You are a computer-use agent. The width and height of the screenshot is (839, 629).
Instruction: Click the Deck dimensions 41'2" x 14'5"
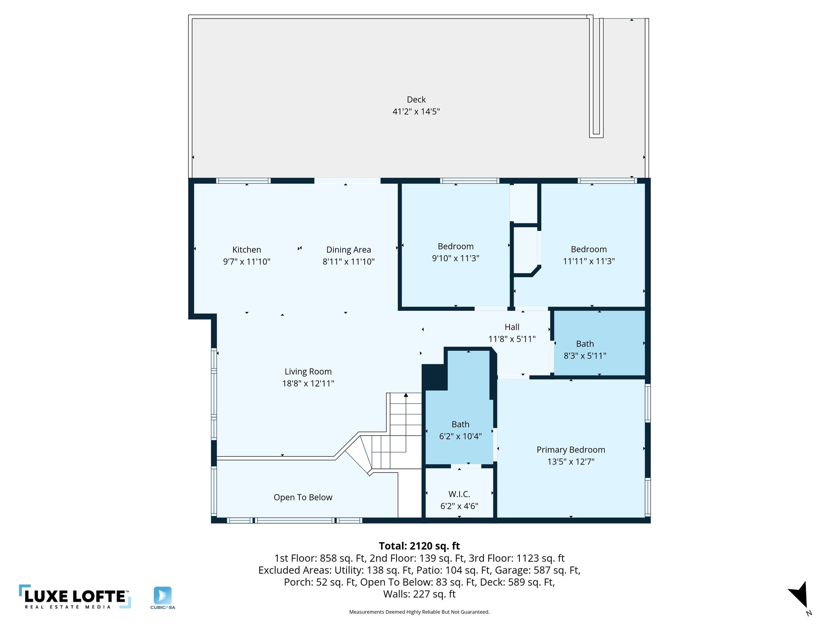coord(416,111)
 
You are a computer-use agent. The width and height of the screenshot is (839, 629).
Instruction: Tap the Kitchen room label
coord(246,250)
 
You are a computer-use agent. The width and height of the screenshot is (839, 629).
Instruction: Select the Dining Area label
coord(348,250)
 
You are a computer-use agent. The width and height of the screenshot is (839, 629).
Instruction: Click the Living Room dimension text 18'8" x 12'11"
coord(308,384)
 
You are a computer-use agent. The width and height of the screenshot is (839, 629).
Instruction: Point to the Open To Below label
coord(303,497)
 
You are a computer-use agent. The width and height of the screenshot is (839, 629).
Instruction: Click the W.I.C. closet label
coord(459,494)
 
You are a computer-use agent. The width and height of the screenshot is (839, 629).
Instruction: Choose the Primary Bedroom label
coord(570,450)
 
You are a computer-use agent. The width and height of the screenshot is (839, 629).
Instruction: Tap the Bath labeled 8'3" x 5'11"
coord(585,344)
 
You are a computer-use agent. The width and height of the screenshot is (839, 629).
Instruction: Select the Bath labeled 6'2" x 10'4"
coord(460,425)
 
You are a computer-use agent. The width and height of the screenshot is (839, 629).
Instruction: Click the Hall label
coord(512,327)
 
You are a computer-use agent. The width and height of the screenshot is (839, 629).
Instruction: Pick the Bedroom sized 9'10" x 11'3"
coord(455,247)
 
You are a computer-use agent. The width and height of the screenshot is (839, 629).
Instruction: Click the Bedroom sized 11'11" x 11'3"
coord(588,249)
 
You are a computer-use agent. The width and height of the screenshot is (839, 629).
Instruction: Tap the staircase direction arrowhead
coord(406,395)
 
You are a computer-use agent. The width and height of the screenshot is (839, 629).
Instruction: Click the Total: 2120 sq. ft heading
coord(419,546)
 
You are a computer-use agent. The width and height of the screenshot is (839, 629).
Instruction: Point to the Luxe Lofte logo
coord(75,597)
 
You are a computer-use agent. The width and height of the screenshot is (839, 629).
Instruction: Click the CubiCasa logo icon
coord(163,595)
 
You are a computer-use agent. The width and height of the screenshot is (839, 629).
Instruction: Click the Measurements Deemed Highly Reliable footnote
coord(419,612)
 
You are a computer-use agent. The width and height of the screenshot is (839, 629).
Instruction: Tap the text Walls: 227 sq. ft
coord(419,594)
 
